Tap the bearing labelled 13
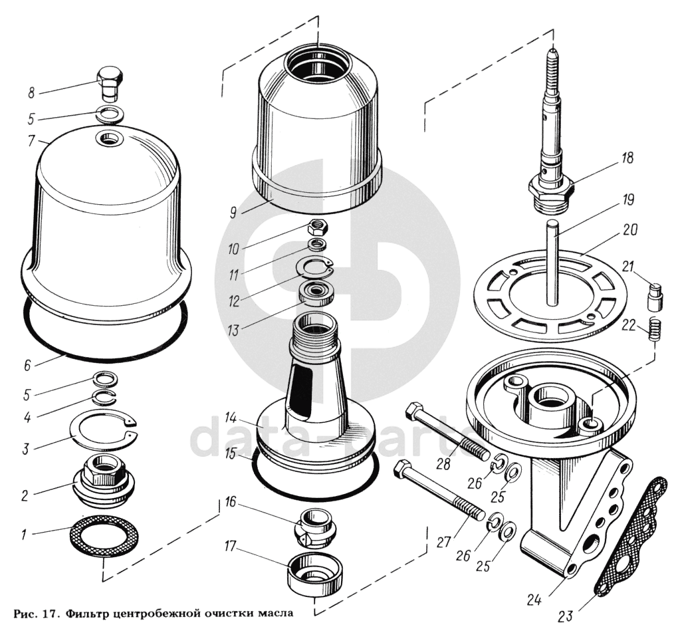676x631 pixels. pyautogui.click(x=316, y=293)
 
